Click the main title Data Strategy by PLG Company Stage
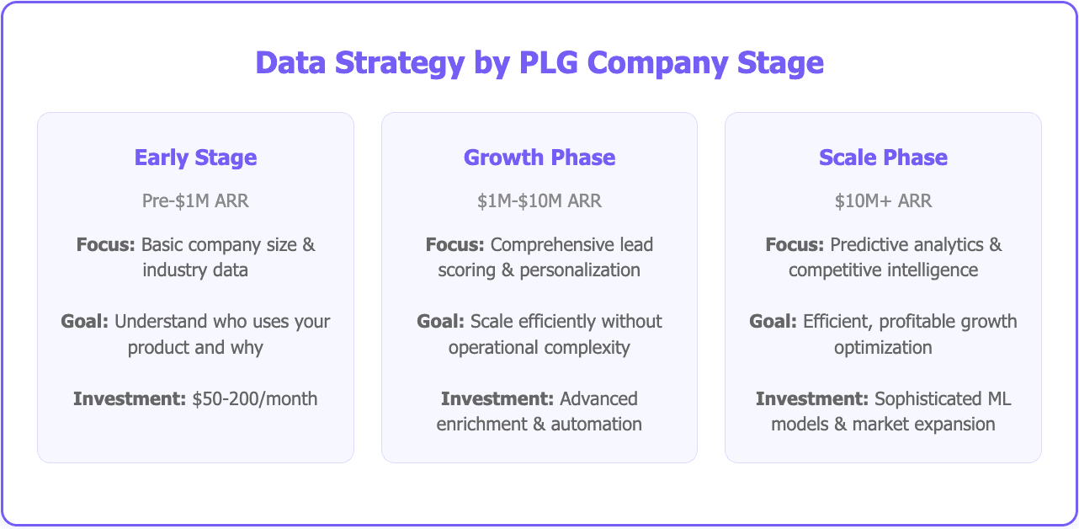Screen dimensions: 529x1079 [x=539, y=64]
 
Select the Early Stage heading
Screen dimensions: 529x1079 [x=195, y=158]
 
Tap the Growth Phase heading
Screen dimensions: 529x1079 [x=539, y=158]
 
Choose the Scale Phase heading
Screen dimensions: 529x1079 [x=883, y=158]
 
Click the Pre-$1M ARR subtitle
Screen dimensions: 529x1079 [x=195, y=201]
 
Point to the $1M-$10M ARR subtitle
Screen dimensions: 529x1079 [x=539, y=201]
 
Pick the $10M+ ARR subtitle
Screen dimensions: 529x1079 [x=883, y=201]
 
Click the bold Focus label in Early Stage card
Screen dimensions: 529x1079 [x=106, y=245]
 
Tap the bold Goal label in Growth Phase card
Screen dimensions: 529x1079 [x=441, y=322]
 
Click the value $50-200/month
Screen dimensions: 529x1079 [x=254, y=398]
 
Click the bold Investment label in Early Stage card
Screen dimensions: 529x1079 [x=129, y=398]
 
